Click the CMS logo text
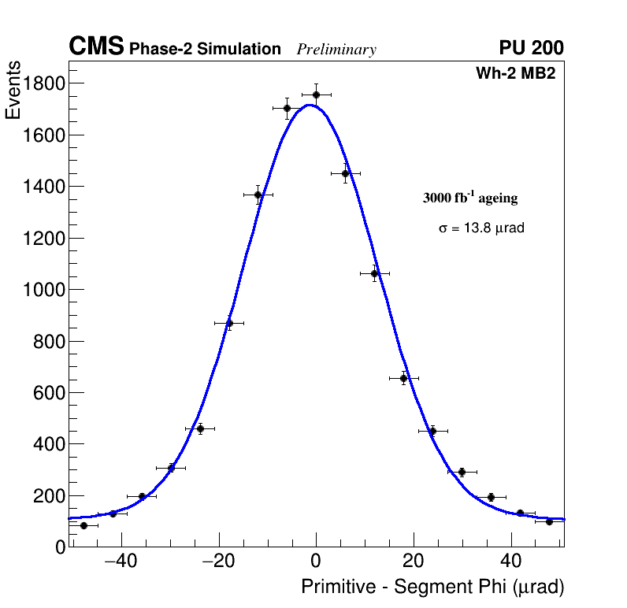click(x=96, y=47)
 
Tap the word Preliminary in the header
click(x=336, y=50)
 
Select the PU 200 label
click(x=531, y=48)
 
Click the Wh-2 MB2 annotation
click(x=515, y=73)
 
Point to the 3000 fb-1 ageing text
click(x=470, y=198)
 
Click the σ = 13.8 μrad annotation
click(x=481, y=228)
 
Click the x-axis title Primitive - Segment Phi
click(x=432, y=587)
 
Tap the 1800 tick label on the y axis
click(x=43, y=83)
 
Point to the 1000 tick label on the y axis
click(x=43, y=290)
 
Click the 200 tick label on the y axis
click(x=48, y=496)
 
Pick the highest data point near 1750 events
click(x=316, y=95)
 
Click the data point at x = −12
click(x=258, y=195)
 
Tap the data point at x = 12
click(x=374, y=273)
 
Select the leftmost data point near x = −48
click(x=83, y=525)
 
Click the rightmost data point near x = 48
click(x=549, y=521)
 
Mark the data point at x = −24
click(x=200, y=428)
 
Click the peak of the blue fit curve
click(x=310, y=105)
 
